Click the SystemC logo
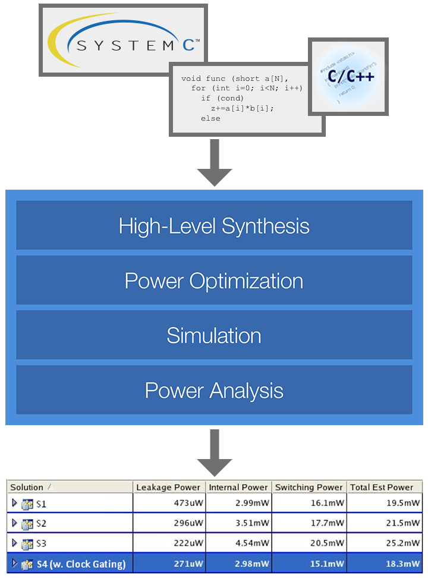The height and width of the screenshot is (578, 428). click(x=123, y=40)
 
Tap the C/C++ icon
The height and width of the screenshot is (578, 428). click(x=348, y=76)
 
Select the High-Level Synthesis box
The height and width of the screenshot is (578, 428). click(x=214, y=226)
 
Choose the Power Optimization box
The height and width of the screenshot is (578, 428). click(x=214, y=281)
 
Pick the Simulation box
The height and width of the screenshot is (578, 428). click(x=214, y=335)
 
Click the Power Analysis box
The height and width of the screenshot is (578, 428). click(x=214, y=390)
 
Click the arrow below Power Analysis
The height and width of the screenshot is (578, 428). click(x=214, y=452)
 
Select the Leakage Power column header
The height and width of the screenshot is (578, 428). click(x=169, y=487)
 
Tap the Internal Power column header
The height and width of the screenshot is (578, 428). click(x=238, y=487)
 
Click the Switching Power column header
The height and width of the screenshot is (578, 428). click(x=309, y=487)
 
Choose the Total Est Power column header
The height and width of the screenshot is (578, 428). click(x=382, y=487)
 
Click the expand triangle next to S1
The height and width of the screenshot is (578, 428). click(x=15, y=503)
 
